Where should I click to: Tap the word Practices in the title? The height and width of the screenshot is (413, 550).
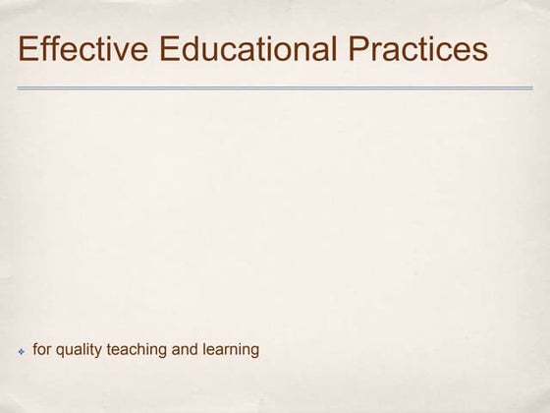[x=415, y=49]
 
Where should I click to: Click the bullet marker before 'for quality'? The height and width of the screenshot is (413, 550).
[x=22, y=351]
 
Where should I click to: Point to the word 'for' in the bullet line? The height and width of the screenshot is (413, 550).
[x=41, y=349]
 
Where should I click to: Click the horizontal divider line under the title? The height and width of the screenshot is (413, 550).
[x=275, y=88]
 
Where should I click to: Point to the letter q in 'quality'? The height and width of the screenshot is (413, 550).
[x=59, y=351]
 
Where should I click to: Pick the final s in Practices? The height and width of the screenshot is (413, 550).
[x=478, y=50]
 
